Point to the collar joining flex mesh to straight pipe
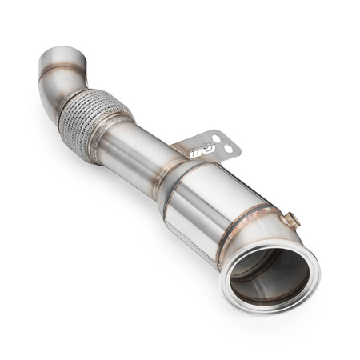pos(112,136)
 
